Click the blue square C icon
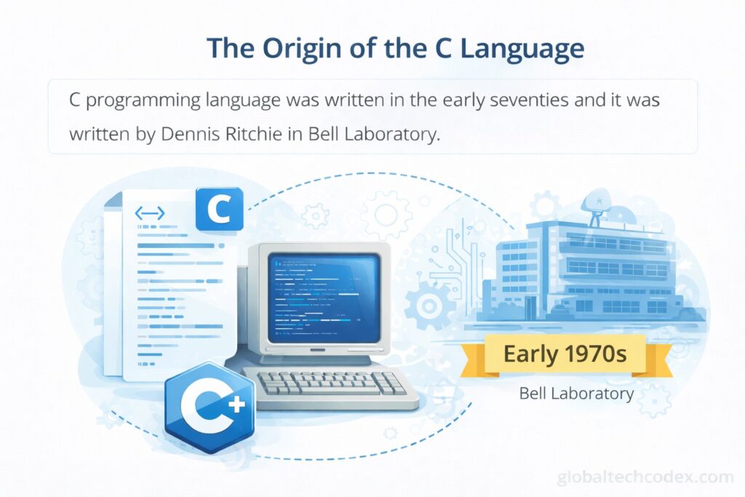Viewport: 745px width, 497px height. pyautogui.click(x=220, y=209)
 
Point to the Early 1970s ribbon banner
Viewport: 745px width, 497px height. pyautogui.click(x=565, y=354)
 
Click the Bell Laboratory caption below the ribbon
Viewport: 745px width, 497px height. pyautogui.click(x=576, y=394)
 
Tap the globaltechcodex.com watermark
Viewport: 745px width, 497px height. pyautogui.click(x=645, y=477)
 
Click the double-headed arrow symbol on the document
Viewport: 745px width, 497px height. pyautogui.click(x=150, y=213)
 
